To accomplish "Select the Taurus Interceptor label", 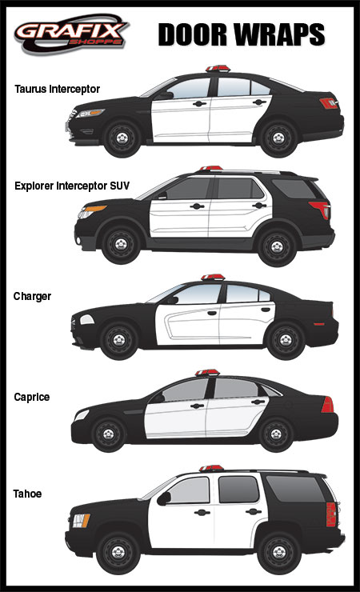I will point(57,89).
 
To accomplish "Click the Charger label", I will point(32,296).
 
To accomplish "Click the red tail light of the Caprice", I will point(326,404).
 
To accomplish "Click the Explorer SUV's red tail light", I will point(318,211).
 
